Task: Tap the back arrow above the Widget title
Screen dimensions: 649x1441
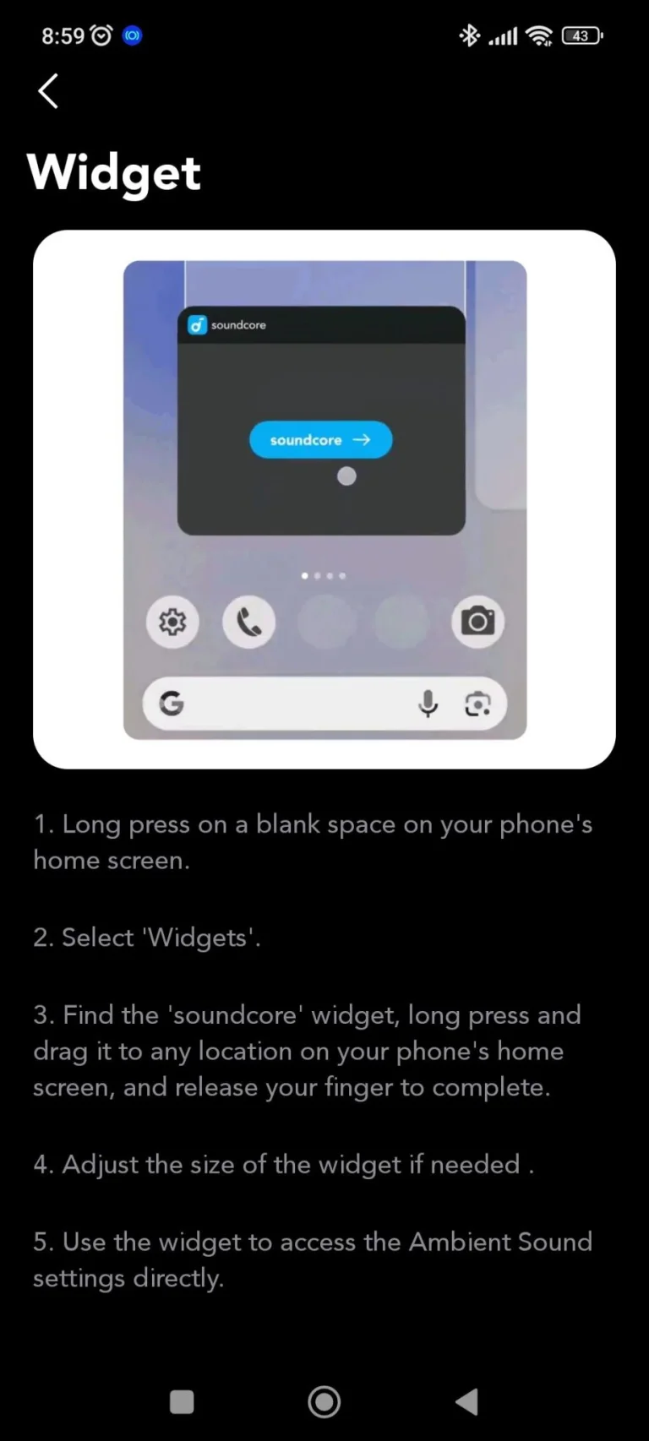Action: coord(47,90)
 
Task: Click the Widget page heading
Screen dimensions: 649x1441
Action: coord(114,173)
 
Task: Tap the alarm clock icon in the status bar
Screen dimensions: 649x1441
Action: coord(101,35)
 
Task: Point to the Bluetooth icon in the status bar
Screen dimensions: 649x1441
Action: coord(469,35)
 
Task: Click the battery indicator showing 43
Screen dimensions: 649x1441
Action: coord(582,35)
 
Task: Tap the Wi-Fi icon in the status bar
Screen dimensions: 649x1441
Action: coord(539,36)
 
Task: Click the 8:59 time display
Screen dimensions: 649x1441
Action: coord(63,36)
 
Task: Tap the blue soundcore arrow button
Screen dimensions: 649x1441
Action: coord(320,440)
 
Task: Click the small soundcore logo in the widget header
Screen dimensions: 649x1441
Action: coord(197,325)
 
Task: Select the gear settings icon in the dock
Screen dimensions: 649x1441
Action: coord(172,622)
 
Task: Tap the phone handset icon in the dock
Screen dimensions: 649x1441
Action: coord(248,622)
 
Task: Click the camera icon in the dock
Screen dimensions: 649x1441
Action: coord(477,622)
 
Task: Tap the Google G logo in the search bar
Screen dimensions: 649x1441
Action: coord(172,704)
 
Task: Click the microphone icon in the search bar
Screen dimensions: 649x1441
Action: coord(428,704)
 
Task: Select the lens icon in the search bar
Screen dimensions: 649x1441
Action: coord(477,704)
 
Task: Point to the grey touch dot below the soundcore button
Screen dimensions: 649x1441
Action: coord(346,476)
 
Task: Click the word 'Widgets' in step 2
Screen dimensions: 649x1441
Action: coord(198,938)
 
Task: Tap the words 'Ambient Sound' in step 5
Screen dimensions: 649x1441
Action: coord(500,1242)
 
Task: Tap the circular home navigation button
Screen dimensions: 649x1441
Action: coord(324,1402)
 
